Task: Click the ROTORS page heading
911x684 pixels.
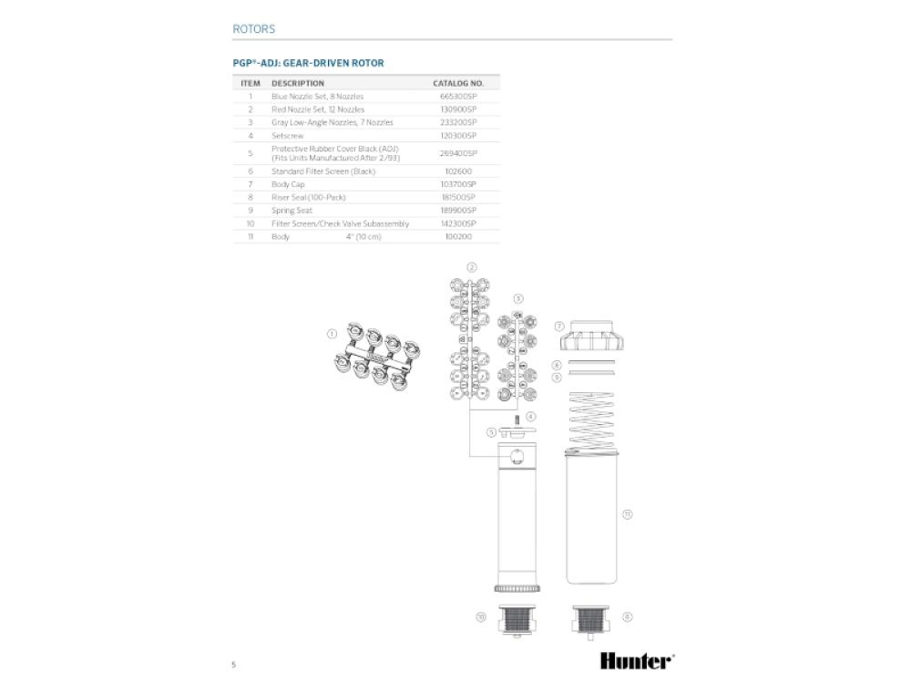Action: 253,29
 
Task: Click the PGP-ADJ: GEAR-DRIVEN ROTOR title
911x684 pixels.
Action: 309,63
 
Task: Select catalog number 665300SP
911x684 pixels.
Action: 457,96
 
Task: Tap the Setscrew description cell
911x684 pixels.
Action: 287,135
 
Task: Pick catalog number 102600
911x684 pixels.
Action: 457,171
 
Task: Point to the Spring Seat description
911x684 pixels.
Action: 292,210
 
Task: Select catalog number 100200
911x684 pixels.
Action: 457,236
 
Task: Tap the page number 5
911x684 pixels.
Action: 234,664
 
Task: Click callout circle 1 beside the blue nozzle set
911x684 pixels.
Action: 332,334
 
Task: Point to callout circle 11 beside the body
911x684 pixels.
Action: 627,514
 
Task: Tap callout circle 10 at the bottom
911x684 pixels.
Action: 481,617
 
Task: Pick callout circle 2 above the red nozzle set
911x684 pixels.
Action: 472,267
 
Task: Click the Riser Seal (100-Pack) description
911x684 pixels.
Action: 308,197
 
